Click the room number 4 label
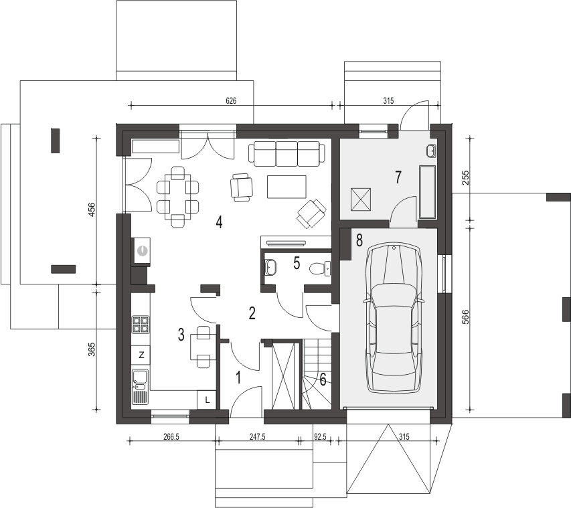tap(219, 222)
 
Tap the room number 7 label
tap(398, 177)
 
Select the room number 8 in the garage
tap(359, 238)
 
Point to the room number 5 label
tap(296, 262)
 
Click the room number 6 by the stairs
tap(323, 380)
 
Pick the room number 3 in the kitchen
tap(181, 335)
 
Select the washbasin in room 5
tap(272, 268)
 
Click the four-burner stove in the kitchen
tap(141, 325)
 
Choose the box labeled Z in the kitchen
tap(141, 354)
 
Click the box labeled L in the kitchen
tap(207, 400)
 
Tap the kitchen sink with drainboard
tap(141, 388)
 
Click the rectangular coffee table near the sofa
tap(287, 186)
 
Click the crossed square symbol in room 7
tap(361, 199)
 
